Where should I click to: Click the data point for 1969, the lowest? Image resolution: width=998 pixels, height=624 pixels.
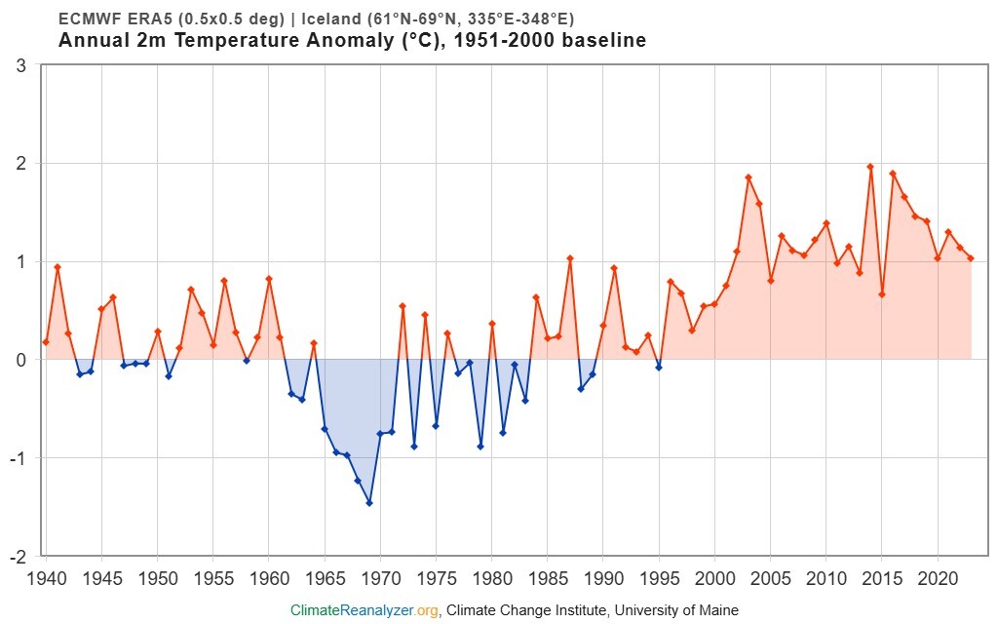click(x=369, y=503)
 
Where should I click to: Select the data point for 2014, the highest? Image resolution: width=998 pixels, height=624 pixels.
click(x=870, y=167)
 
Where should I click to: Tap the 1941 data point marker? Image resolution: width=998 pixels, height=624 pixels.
click(x=58, y=267)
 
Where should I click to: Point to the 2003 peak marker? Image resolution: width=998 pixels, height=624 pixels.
click(x=748, y=177)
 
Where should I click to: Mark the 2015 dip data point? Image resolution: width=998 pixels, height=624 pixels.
click(x=882, y=294)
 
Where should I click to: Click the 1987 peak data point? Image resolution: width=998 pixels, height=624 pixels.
click(x=570, y=258)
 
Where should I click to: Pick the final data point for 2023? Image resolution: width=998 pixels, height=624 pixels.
click(x=971, y=258)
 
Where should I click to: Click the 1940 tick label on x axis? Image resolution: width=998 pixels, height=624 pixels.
click(x=46, y=577)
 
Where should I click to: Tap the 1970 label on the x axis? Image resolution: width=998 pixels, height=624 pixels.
click(x=380, y=577)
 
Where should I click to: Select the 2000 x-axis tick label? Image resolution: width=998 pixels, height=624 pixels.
click(x=714, y=577)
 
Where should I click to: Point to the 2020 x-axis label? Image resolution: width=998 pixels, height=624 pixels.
click(x=938, y=577)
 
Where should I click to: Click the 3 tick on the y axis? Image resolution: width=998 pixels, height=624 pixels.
click(x=19, y=65)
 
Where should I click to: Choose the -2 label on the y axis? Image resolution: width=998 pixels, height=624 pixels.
click(x=17, y=557)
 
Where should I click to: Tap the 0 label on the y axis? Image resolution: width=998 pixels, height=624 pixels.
click(x=19, y=360)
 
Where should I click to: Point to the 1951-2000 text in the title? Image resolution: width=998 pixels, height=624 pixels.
click(x=515, y=41)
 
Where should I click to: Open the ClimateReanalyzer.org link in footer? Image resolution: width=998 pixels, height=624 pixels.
click(x=365, y=610)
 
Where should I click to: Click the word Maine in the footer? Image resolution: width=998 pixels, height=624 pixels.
click(x=717, y=610)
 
